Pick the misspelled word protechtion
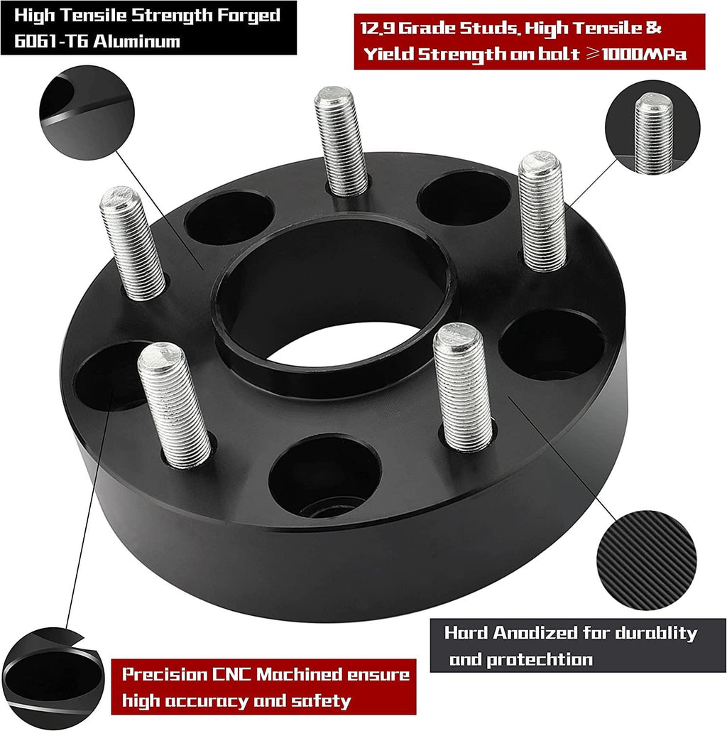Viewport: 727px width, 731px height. tap(539, 660)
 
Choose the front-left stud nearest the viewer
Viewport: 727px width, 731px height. tap(174, 405)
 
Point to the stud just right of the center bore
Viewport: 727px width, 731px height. tap(462, 387)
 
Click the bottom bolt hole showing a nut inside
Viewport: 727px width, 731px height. tap(325, 476)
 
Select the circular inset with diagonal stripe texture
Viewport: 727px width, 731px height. tap(647, 560)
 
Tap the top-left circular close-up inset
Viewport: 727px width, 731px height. tap(87, 113)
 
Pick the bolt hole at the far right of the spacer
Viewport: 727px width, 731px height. tap(552, 345)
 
